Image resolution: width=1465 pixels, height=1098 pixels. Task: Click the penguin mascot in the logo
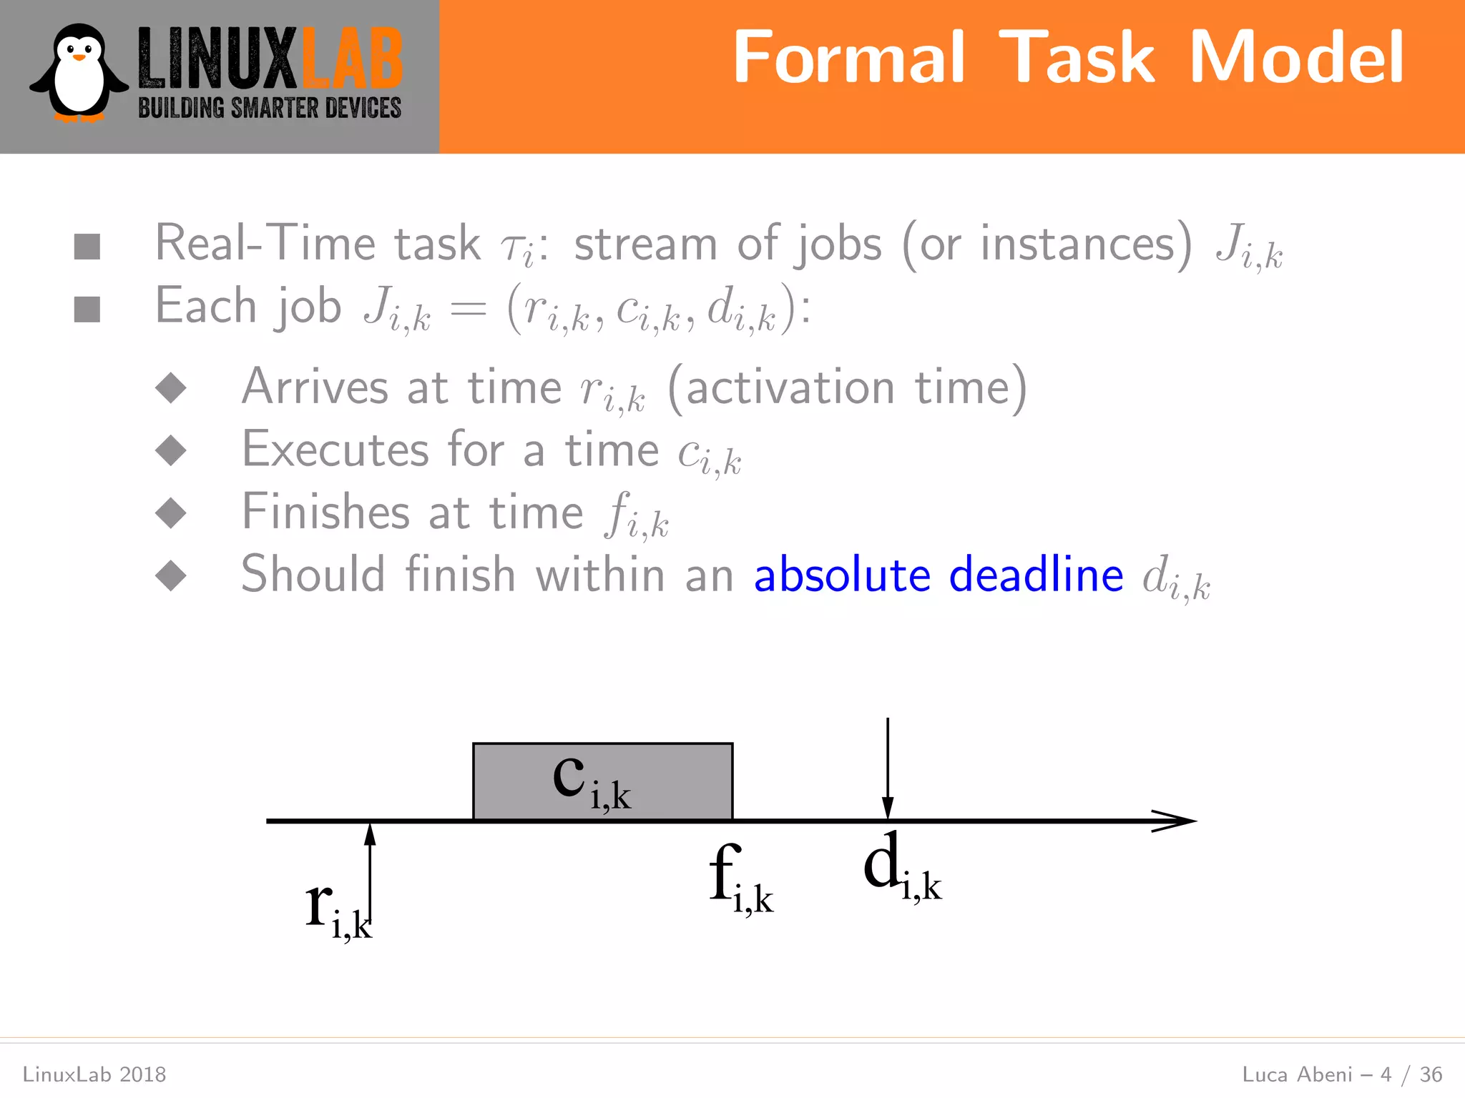pyautogui.click(x=79, y=74)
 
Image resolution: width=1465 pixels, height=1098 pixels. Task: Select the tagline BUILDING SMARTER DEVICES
pyautogui.click(x=270, y=109)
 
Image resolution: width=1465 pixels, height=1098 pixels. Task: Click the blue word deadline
pyautogui.click(x=1036, y=574)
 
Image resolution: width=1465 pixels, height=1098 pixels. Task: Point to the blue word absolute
pyautogui.click(x=842, y=574)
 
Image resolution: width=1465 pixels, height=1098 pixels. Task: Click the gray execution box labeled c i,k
pyautogui.click(x=602, y=781)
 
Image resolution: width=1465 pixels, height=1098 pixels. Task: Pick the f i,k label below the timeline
pyautogui.click(x=740, y=879)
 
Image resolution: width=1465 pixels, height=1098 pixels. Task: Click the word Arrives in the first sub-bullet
pyautogui.click(x=315, y=387)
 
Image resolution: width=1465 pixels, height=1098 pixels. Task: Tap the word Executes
pyautogui.click(x=335, y=450)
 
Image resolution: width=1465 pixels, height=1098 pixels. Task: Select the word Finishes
pyautogui.click(x=325, y=512)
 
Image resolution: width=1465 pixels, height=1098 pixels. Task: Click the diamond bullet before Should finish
pyautogui.click(x=171, y=575)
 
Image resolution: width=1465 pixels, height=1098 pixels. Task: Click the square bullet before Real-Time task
pyautogui.click(x=87, y=247)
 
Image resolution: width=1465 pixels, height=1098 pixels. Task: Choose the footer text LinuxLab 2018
pyautogui.click(x=94, y=1074)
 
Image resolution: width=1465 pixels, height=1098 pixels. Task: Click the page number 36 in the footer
pyautogui.click(x=1431, y=1074)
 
